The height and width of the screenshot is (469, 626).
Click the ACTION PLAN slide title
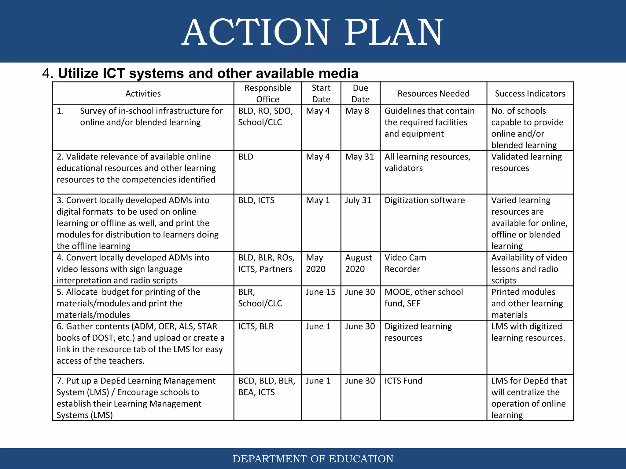313,32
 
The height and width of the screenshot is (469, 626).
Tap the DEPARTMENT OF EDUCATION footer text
313,459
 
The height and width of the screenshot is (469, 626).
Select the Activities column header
143,93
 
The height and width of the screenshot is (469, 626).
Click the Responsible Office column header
267,93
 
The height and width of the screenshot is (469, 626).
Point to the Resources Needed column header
433,93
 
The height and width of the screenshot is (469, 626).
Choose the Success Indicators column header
530,93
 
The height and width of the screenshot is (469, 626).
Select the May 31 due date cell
359,157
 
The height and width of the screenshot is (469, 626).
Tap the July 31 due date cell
358,200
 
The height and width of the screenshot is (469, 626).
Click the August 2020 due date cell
358,263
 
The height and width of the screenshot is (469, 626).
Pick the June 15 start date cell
321,292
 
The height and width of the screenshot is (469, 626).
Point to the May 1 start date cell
318,200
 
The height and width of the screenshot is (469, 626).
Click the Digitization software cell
425,200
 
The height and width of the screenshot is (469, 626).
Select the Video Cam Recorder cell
405,263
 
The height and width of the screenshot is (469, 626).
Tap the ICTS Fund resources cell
403,381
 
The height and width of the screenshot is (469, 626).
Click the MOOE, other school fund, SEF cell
424,298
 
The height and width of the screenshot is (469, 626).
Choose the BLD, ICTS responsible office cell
256,200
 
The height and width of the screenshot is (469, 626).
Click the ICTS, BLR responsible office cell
256,326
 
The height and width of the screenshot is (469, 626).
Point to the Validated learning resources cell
526,162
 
